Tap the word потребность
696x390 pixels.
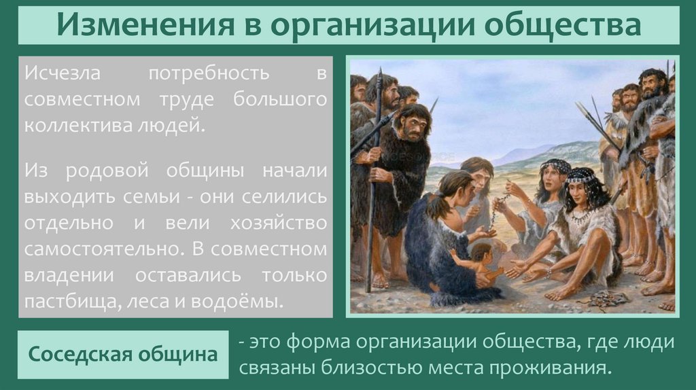click(208, 73)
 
